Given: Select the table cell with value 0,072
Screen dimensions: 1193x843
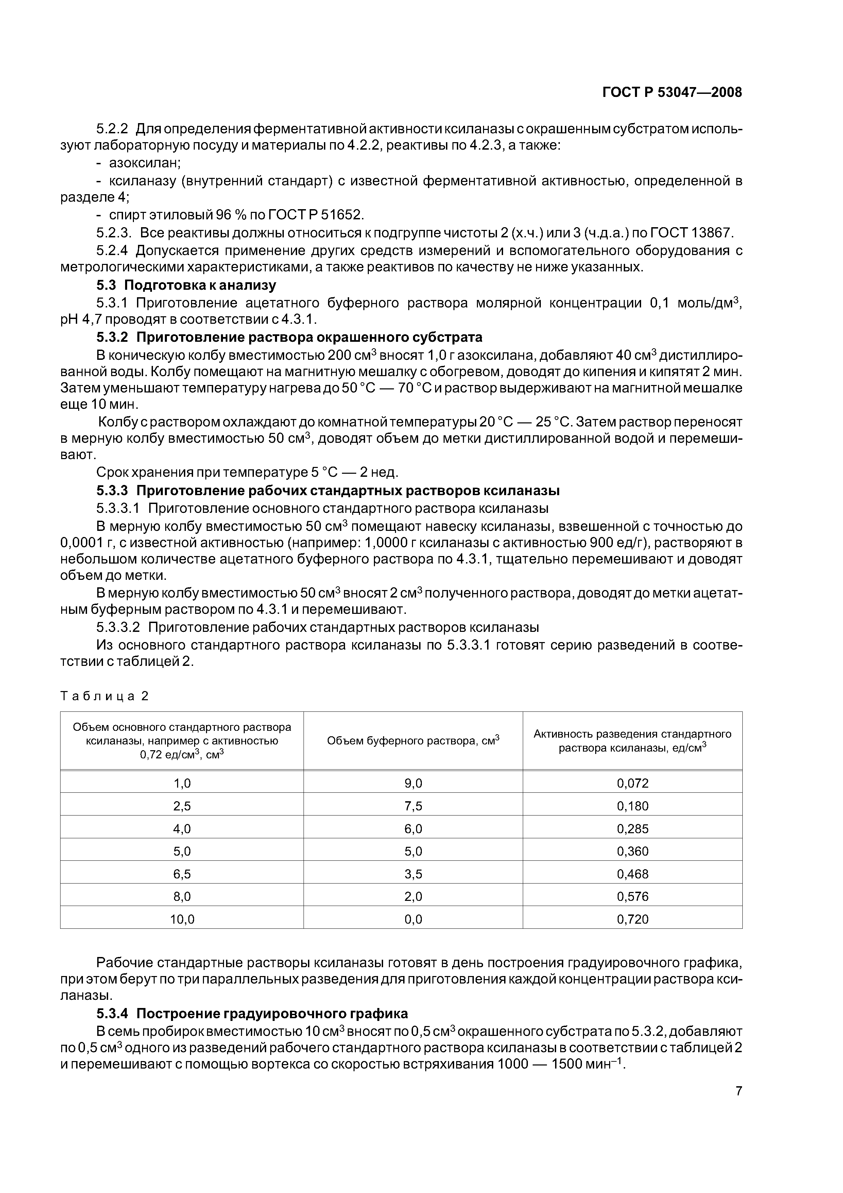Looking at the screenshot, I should (x=633, y=783).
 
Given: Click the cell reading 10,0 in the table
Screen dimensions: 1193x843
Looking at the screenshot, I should (x=182, y=919).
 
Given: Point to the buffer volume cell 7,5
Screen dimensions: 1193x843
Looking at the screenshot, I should (x=413, y=806).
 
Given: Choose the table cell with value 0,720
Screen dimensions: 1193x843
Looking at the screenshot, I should (x=633, y=919).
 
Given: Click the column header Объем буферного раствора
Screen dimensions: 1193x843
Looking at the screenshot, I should (x=413, y=740).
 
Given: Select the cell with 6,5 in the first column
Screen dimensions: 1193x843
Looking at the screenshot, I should (x=182, y=874).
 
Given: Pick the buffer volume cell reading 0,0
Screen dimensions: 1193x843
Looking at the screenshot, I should (x=413, y=919).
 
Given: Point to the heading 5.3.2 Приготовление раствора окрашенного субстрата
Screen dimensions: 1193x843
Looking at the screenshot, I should (x=289, y=337).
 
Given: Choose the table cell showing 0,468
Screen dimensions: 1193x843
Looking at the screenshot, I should (x=633, y=874).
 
